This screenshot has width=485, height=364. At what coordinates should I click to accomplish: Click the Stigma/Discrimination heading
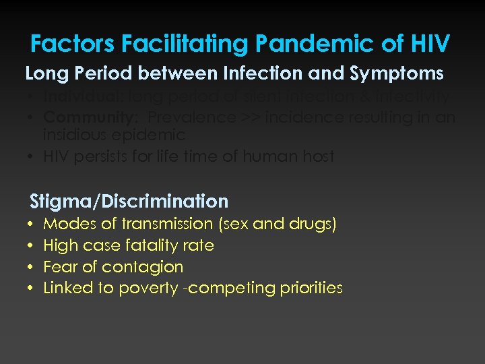click(x=129, y=201)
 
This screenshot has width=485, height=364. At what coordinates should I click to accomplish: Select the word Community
click(x=91, y=117)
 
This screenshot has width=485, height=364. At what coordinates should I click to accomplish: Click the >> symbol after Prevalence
click(x=251, y=117)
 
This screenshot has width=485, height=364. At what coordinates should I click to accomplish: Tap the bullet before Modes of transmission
click(x=32, y=224)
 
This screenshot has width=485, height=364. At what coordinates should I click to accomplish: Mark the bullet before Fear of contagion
click(x=32, y=267)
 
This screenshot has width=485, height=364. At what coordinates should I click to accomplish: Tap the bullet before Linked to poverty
click(x=32, y=289)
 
